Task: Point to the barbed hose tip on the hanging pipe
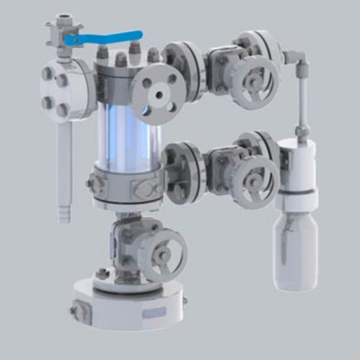[x=63, y=213]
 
